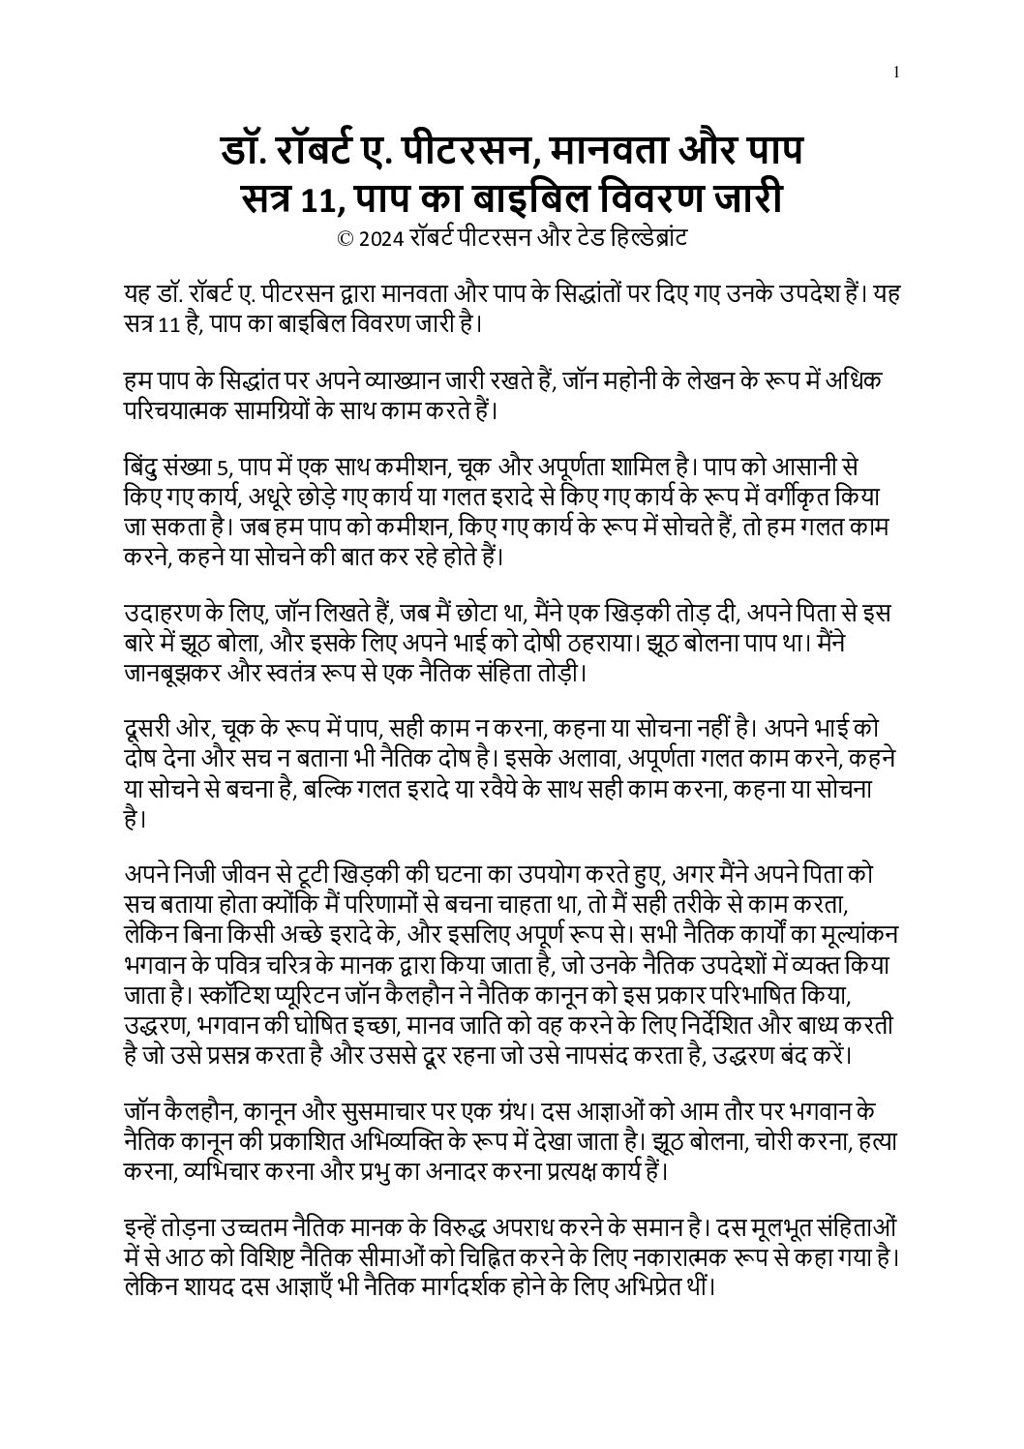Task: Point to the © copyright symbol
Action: point(344,239)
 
